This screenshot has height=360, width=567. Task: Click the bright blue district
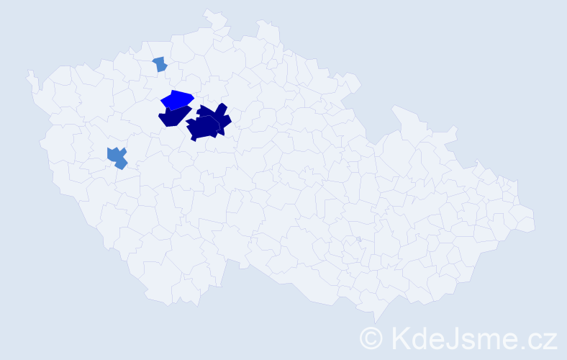pos(177,99)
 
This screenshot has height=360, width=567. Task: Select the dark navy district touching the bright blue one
pos(173,117)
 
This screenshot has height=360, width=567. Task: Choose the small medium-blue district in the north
pos(160,64)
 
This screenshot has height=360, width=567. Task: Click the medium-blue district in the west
pos(115,156)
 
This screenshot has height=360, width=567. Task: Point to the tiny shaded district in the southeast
pos(358,239)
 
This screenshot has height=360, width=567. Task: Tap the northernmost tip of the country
pos(207,11)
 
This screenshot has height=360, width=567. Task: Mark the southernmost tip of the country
pos(376,322)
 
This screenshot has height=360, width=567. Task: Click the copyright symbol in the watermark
pos(372,337)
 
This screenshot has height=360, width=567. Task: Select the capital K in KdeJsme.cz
pos(399,337)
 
